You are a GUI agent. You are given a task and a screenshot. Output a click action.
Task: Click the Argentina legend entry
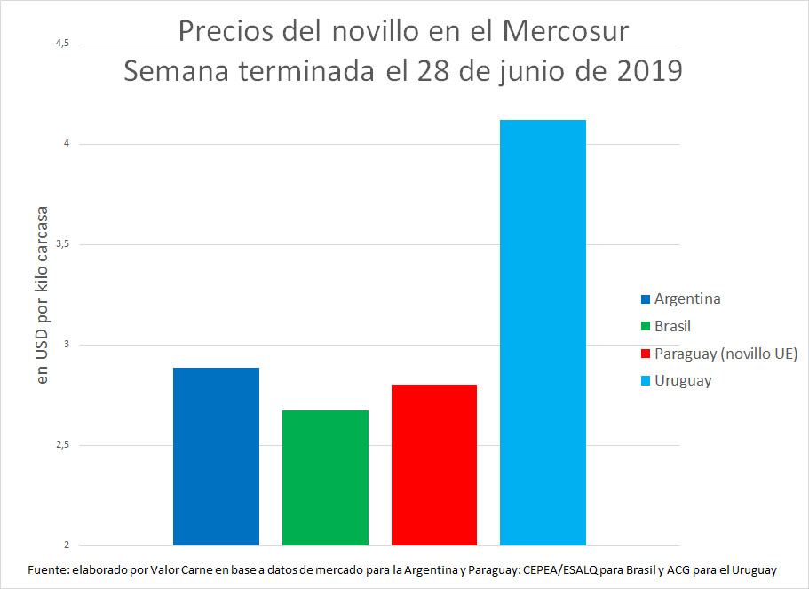tap(686, 298)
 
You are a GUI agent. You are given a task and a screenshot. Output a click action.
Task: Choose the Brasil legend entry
tap(672, 326)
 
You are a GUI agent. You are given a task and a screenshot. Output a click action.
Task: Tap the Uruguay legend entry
tap(683, 380)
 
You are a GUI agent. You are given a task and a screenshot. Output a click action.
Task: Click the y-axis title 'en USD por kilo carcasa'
tap(42, 295)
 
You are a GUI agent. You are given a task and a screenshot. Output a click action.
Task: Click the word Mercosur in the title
tap(565, 31)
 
